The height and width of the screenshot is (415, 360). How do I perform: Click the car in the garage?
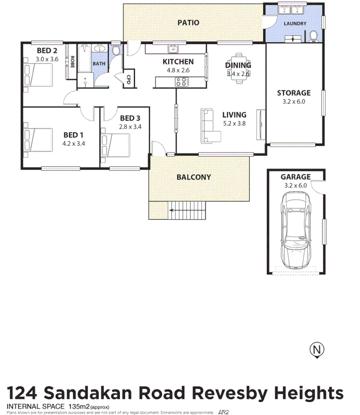pos(295,231)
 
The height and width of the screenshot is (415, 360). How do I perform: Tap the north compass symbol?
pos(317,350)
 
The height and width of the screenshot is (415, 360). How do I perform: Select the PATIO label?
pos(188,23)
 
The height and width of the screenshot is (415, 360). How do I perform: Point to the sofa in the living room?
pos(210,126)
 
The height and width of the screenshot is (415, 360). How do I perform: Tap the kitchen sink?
pos(173,49)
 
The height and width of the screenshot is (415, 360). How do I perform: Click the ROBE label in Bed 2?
pos(72,61)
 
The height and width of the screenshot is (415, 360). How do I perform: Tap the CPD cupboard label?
pos(129,79)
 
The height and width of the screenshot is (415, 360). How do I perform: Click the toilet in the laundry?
pos(313,37)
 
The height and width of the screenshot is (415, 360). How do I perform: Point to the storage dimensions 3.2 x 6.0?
pos(294,101)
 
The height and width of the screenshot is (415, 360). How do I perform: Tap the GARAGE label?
pos(295,177)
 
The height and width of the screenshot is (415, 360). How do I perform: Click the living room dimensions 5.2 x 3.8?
pos(234,124)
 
